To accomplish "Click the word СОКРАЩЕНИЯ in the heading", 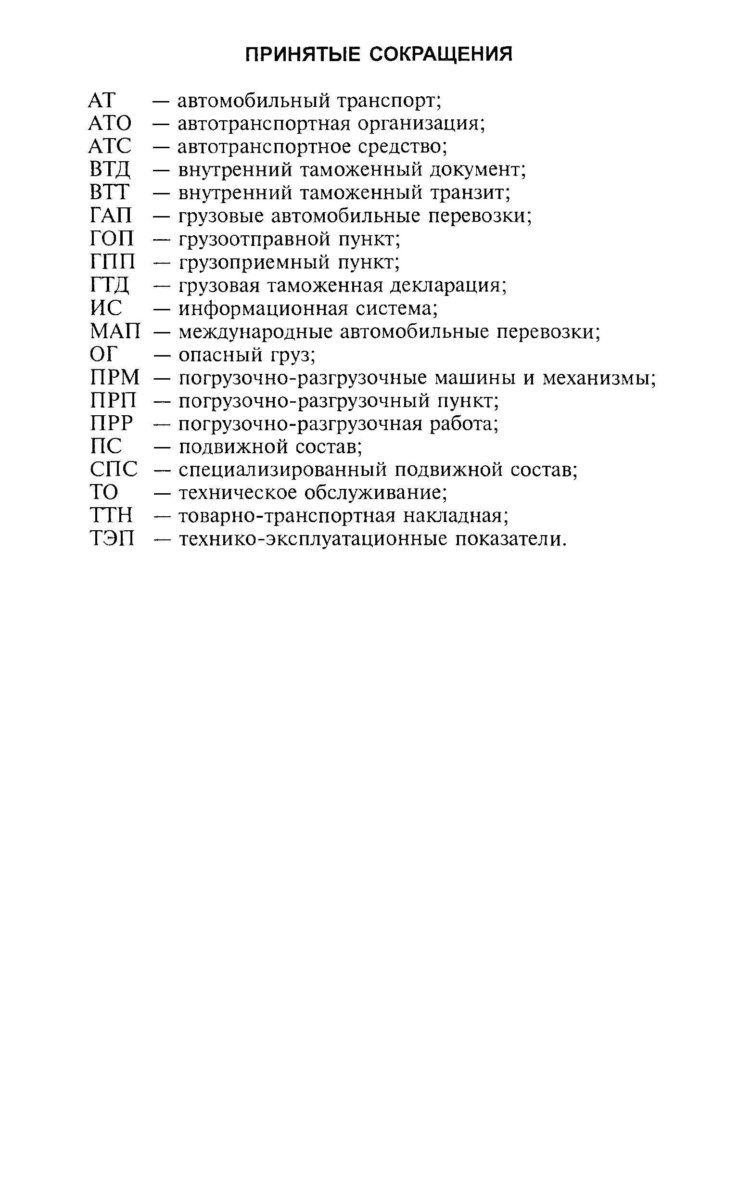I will [x=441, y=54].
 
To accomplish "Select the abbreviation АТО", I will [x=110, y=124].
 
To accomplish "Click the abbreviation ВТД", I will [x=110, y=170].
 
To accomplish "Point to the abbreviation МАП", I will [x=115, y=332].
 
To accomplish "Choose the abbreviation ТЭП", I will [x=112, y=539].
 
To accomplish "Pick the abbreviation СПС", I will [x=114, y=470].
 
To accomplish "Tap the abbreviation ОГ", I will [x=104, y=355].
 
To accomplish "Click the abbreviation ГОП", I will [x=112, y=239].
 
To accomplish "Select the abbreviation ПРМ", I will [x=115, y=378].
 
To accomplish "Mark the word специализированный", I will [x=282, y=470].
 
